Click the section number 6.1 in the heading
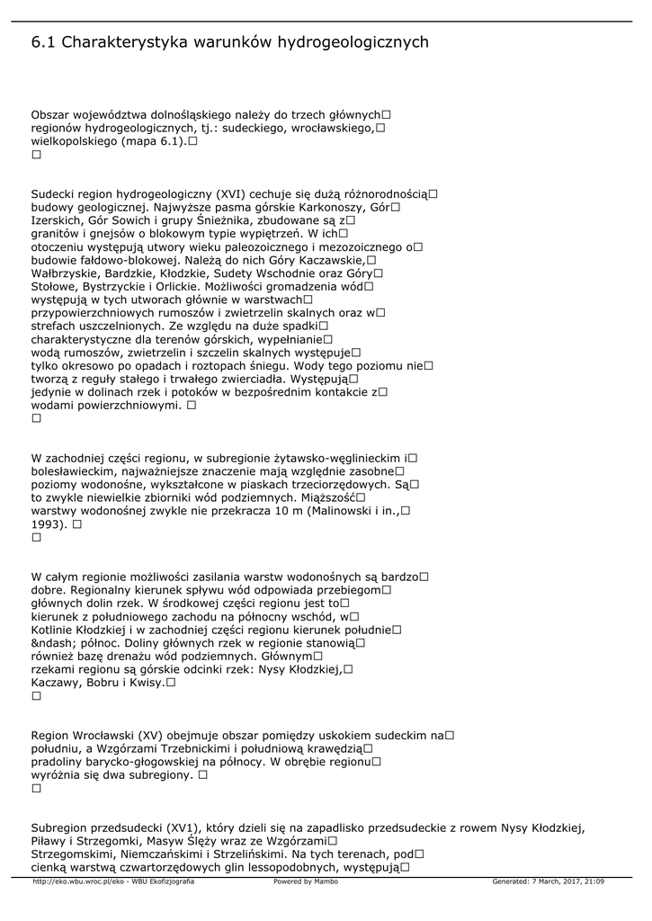click(x=43, y=42)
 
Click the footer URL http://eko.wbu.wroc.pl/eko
click(x=75, y=881)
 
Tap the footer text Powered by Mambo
click(x=306, y=881)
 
